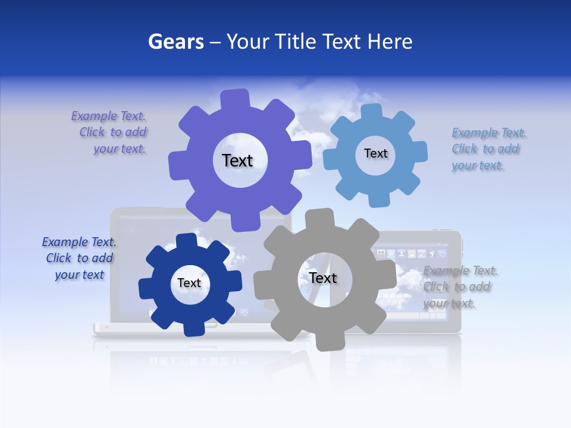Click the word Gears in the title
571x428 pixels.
click(x=176, y=42)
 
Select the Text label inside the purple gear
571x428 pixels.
click(x=237, y=160)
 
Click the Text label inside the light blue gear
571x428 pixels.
click(x=375, y=153)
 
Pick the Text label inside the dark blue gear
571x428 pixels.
click(x=189, y=283)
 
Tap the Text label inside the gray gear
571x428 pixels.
click(x=323, y=278)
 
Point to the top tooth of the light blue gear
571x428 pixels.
click(x=371, y=112)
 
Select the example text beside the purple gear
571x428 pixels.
click(x=109, y=132)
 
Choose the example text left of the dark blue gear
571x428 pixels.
click(x=79, y=258)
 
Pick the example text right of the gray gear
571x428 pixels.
click(x=460, y=287)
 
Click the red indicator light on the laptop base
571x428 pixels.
click(x=106, y=326)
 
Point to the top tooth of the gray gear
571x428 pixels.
click(x=319, y=218)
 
